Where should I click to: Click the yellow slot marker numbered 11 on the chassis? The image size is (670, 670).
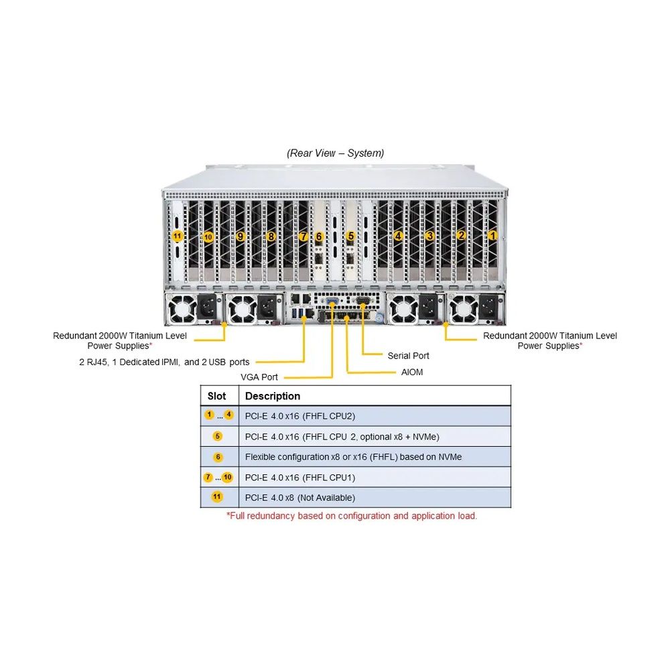[177, 236]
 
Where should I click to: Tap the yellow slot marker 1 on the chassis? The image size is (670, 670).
[492, 235]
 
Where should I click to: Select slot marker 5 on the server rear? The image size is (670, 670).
[350, 236]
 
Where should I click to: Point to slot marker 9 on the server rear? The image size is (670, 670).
[241, 236]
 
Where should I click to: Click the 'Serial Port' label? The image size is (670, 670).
[408, 356]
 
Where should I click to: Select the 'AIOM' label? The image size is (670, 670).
[412, 372]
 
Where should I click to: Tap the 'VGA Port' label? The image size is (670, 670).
[259, 377]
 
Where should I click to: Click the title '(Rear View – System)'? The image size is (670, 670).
[336, 153]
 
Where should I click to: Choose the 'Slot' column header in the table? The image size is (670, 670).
[217, 396]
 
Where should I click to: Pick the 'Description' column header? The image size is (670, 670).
[273, 396]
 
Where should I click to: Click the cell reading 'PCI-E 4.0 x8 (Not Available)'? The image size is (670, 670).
[300, 498]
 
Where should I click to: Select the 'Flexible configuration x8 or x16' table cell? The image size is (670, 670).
[353, 457]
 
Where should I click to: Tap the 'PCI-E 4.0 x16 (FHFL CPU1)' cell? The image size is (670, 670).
[300, 478]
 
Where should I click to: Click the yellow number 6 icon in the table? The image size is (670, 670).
[218, 457]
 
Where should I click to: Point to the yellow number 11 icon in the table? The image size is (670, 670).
[217, 497]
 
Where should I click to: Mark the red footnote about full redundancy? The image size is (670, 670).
[352, 516]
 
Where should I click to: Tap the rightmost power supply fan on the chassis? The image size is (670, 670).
[462, 309]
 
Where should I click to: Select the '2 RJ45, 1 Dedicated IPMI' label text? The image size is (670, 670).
[164, 362]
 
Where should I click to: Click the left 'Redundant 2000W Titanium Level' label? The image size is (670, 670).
[120, 336]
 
